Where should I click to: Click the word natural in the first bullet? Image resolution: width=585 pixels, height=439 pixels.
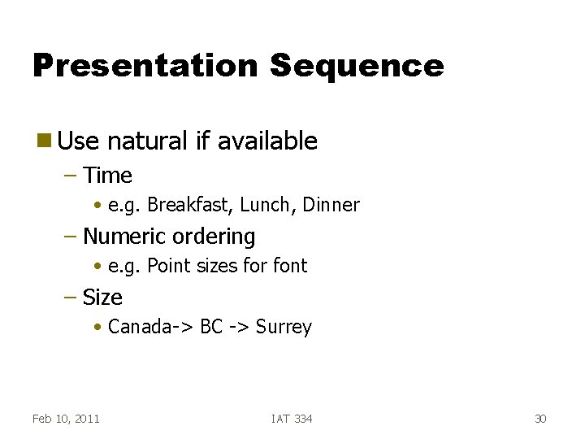pyautogui.click(x=147, y=141)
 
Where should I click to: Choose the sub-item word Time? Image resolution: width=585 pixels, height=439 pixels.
pyautogui.click(x=107, y=176)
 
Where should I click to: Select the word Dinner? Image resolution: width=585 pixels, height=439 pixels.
pyautogui.click(x=331, y=205)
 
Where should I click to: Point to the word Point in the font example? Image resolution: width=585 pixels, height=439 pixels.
pyautogui.click(x=167, y=266)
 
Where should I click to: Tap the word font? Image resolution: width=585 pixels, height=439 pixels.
pyautogui.click(x=290, y=266)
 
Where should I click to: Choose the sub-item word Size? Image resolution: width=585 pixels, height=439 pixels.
pyautogui.click(x=102, y=298)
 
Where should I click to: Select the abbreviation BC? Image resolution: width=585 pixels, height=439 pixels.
pyautogui.click(x=211, y=327)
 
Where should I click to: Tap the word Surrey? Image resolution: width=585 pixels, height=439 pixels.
pyautogui.click(x=284, y=328)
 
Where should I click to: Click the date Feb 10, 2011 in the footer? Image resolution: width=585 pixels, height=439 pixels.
pyautogui.click(x=66, y=419)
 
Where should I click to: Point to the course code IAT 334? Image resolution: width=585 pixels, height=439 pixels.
pyautogui.click(x=292, y=419)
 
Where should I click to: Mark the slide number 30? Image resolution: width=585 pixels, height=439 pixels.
pyautogui.click(x=540, y=419)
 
